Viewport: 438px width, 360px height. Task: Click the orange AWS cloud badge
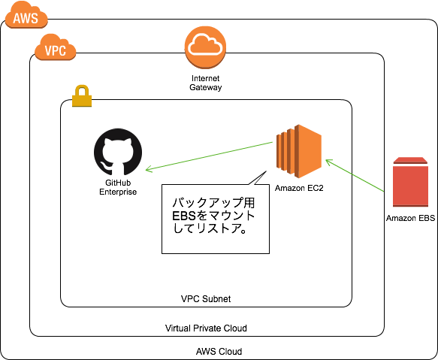click(26, 17)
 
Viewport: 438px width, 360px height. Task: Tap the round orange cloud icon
click(205, 47)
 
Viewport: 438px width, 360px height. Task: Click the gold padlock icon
click(82, 97)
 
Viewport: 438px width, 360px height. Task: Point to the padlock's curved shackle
click(82, 89)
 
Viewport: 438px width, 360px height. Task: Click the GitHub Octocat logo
click(118, 152)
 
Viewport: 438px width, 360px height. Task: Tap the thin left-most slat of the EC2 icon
click(278, 151)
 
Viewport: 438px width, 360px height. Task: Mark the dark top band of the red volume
click(410, 161)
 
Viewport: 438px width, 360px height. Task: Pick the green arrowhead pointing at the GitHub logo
click(148, 169)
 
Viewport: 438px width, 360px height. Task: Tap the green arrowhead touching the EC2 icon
click(328, 161)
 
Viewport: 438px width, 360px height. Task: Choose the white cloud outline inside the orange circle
click(205, 46)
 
